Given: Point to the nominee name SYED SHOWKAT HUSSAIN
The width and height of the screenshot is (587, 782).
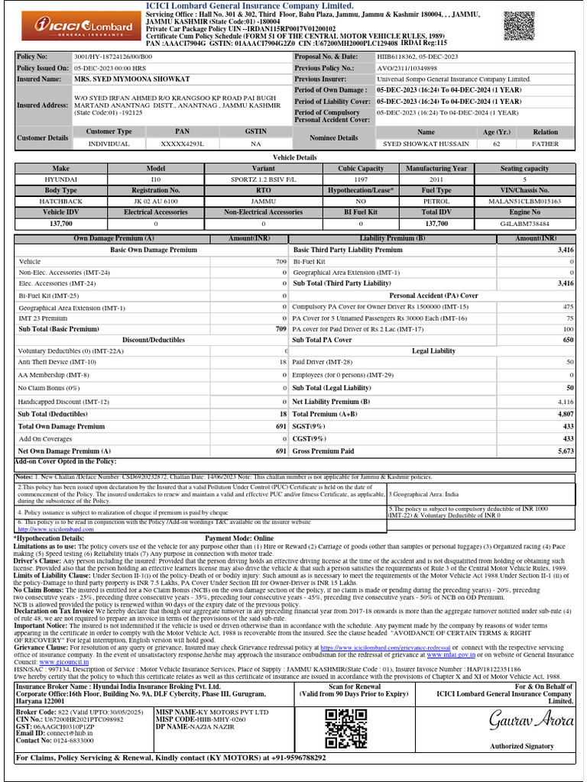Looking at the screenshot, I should tap(426, 144).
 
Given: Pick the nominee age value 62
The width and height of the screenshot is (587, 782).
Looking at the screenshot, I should tap(497, 144).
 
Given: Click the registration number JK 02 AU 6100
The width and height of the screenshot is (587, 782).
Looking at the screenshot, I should tap(156, 201).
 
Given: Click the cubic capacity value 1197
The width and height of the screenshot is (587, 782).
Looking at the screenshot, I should tap(361, 179).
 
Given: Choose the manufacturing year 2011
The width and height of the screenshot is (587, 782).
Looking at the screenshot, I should tap(436, 179).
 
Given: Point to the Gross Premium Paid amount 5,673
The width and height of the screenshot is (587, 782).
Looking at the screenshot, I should tap(565, 451).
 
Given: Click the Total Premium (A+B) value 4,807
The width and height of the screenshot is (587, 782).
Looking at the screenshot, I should tap(565, 414).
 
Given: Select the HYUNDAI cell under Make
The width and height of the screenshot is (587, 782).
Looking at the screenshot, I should tap(60, 179).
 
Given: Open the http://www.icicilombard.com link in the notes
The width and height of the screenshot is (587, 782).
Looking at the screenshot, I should tap(49, 528).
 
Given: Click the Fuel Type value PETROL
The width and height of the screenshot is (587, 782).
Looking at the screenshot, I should tap(436, 201).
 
